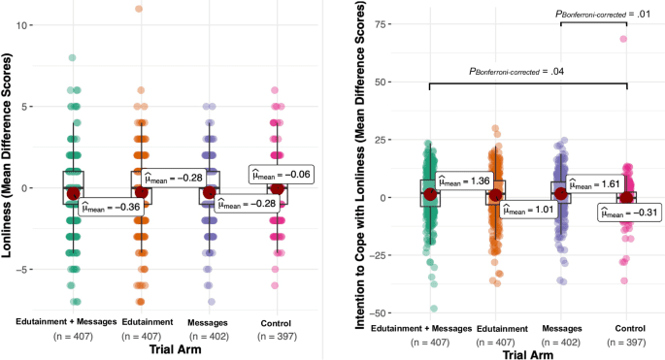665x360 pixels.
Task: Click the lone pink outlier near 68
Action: tap(623, 40)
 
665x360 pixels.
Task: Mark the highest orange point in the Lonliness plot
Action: tap(139, 9)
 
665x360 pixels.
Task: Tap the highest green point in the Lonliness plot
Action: tap(72, 58)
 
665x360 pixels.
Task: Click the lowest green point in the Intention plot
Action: tap(433, 309)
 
